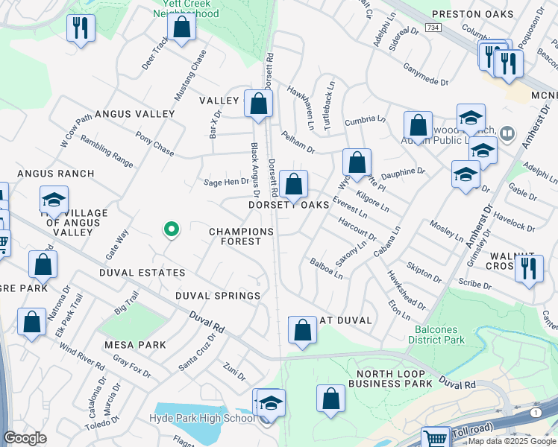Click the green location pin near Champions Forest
[171, 229]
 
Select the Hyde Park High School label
[201, 419]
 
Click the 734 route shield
[432, 27]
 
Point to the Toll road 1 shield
[535, 412]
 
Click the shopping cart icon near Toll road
[435, 438]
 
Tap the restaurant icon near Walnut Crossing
[528, 268]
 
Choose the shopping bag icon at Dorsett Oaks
[294, 184]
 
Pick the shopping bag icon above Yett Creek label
[181, 28]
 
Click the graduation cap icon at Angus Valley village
[54, 200]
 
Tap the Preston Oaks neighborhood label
[483, 14]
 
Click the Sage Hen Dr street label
[225, 182]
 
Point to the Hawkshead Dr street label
[406, 290]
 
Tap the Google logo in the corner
[25, 438]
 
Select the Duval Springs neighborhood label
[217, 296]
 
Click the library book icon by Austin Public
[507, 134]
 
